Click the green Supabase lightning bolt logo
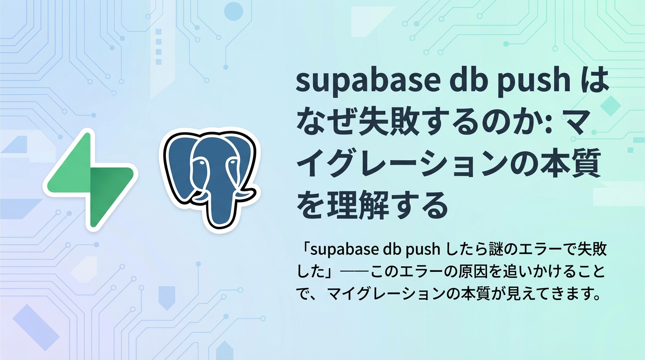pyautogui.click(x=90, y=180)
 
